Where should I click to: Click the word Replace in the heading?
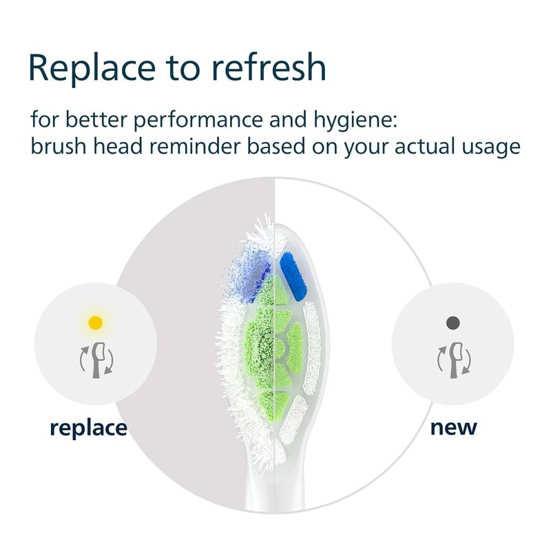click(x=92, y=68)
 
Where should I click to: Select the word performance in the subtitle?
click(x=198, y=121)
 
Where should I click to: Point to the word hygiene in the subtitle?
click(x=355, y=121)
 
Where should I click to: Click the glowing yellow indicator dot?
click(x=96, y=322)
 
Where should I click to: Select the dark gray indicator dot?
click(x=453, y=322)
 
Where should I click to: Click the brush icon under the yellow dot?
click(x=97, y=360)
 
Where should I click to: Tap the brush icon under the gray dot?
click(x=455, y=360)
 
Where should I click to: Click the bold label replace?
click(x=89, y=428)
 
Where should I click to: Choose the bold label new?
click(x=454, y=428)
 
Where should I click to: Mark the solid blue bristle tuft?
click(x=293, y=277)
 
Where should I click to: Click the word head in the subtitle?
click(x=118, y=146)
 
